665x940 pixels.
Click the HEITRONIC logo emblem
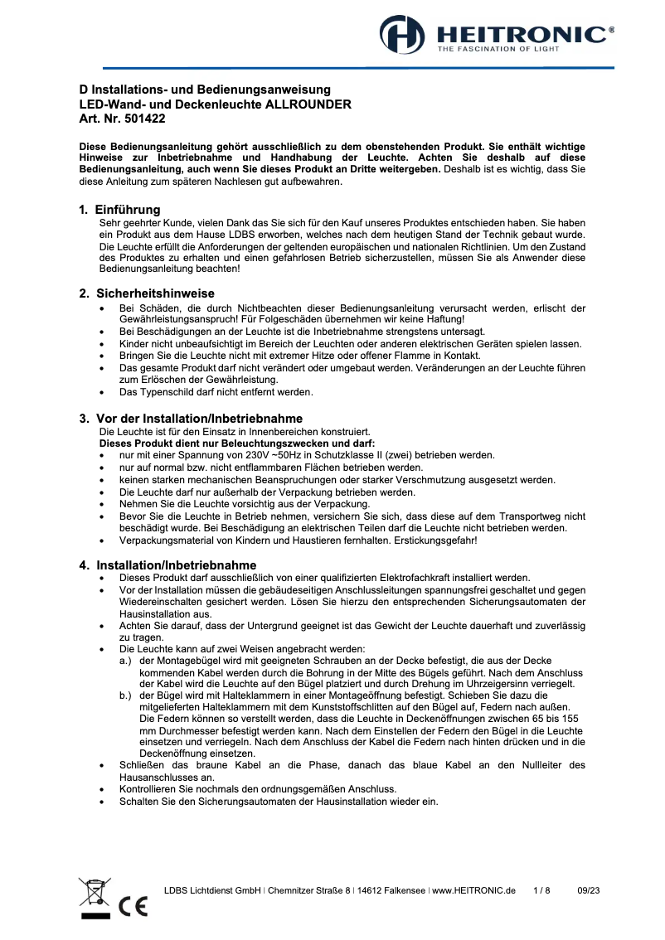[x=401, y=36]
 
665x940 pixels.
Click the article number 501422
[x=144, y=119]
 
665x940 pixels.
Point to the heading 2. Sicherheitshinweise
[x=147, y=293]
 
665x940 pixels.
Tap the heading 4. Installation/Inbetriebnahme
[x=167, y=565]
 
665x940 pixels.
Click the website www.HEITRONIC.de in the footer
[x=473, y=890]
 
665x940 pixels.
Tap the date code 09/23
[x=589, y=890]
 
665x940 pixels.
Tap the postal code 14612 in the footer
[x=374, y=890]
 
